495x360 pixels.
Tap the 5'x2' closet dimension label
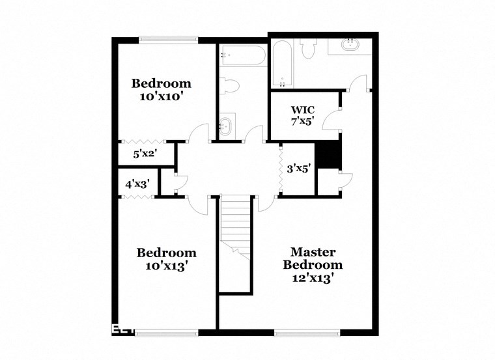(145, 154)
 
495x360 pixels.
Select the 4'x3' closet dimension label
(137, 184)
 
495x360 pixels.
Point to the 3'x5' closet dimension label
(298, 168)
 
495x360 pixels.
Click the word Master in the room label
(313, 251)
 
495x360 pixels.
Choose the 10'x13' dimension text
(166, 266)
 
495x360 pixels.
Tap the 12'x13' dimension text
(313, 279)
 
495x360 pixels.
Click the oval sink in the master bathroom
(350, 46)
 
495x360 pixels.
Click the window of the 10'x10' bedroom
(167, 38)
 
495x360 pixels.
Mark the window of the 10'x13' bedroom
(166, 333)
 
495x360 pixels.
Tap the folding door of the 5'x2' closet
(145, 141)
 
